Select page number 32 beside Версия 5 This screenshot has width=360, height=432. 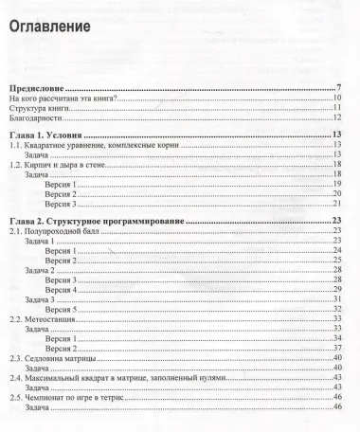click(x=336, y=309)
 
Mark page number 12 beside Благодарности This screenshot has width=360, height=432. click(x=336, y=118)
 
